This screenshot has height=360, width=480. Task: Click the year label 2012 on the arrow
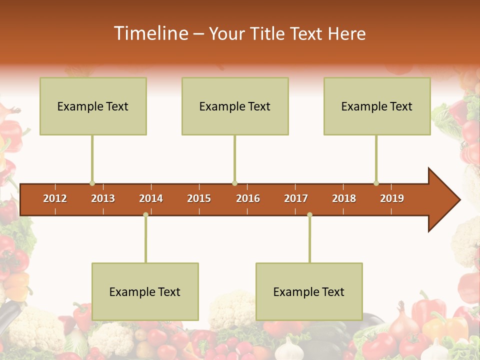tap(55, 198)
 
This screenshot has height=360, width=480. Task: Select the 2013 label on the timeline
tap(103, 198)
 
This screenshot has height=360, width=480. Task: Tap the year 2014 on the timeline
tap(151, 198)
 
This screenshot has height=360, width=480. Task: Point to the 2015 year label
tap(199, 198)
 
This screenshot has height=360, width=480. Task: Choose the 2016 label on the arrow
tap(248, 198)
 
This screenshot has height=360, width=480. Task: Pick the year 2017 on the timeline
tap(296, 198)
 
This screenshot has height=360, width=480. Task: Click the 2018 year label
tap(344, 198)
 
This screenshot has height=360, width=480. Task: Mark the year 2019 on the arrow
tap(392, 198)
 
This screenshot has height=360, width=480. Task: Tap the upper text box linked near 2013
tap(93, 106)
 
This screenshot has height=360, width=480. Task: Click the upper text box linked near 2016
tap(235, 106)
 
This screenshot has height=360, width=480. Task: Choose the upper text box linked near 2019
tap(377, 106)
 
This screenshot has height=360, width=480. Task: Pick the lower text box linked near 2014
tap(145, 291)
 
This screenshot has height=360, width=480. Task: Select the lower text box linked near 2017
tap(309, 291)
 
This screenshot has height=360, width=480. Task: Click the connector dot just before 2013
tap(92, 183)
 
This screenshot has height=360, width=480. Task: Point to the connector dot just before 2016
tap(234, 183)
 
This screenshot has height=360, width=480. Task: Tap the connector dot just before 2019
tap(376, 183)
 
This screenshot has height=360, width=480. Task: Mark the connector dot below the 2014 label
tap(145, 215)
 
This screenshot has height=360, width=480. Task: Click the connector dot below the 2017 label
tap(309, 215)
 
